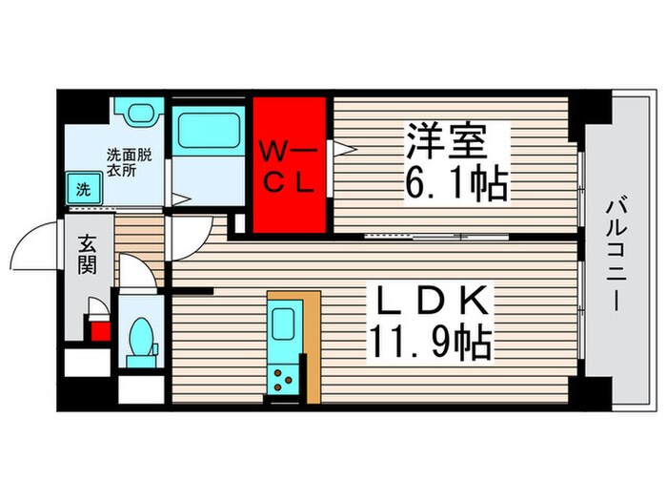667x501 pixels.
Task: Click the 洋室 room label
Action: (x=447, y=142)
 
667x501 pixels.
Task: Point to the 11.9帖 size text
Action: (x=432, y=343)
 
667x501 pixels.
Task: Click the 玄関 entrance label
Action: (x=87, y=253)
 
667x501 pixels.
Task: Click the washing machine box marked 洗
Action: (x=82, y=188)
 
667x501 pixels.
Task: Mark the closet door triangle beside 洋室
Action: (x=341, y=148)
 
